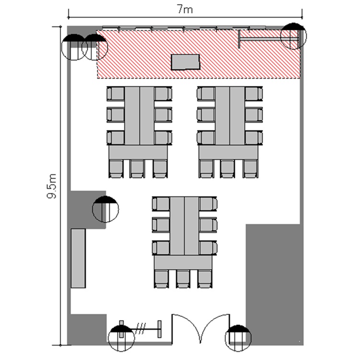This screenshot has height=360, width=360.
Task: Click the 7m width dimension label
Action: pos(185,10)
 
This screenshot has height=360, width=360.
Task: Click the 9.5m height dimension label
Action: pos(52,186)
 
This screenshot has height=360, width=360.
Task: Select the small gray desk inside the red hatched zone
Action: pos(185,62)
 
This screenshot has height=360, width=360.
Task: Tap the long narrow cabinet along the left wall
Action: pos(78,258)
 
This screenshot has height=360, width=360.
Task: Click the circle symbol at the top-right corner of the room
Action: pos(293,36)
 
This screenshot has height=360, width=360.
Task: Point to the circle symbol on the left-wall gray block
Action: pos(106,209)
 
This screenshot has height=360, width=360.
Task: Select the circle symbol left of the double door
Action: pos(121,338)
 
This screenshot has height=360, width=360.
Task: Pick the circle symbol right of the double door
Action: pos(238,338)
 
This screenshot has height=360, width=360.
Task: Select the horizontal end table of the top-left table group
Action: pos(138,152)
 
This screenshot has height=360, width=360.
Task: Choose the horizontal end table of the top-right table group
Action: pos(228,152)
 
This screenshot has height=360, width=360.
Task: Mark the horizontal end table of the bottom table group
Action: pos(183,262)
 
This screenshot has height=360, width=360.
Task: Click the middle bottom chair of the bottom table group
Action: pos(183,279)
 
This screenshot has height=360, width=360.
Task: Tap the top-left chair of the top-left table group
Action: pos(116,94)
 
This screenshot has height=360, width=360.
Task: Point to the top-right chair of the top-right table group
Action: pos(253,94)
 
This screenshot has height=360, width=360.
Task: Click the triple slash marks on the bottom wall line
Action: pos(141,329)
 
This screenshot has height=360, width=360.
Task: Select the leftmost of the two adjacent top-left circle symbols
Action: pos(74,47)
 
